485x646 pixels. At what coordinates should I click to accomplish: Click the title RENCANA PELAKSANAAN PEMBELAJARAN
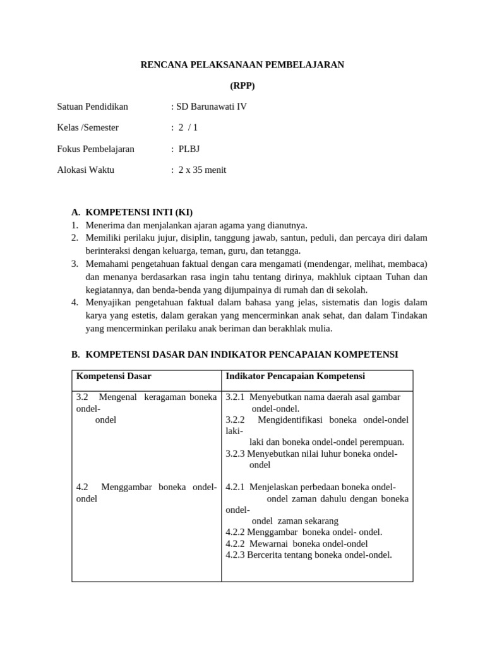[242, 65]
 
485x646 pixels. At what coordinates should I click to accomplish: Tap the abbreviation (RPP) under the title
[242, 86]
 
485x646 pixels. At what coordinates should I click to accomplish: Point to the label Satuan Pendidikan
[93, 107]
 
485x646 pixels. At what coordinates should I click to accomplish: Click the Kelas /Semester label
[88, 127]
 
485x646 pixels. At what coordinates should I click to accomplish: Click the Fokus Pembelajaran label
[95, 149]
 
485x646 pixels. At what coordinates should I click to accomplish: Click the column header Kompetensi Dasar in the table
[114, 377]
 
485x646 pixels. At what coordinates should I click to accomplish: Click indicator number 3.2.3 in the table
[235, 454]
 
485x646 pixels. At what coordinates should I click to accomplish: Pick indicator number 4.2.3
[235, 555]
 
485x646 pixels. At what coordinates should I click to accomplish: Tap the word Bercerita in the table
[265, 555]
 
